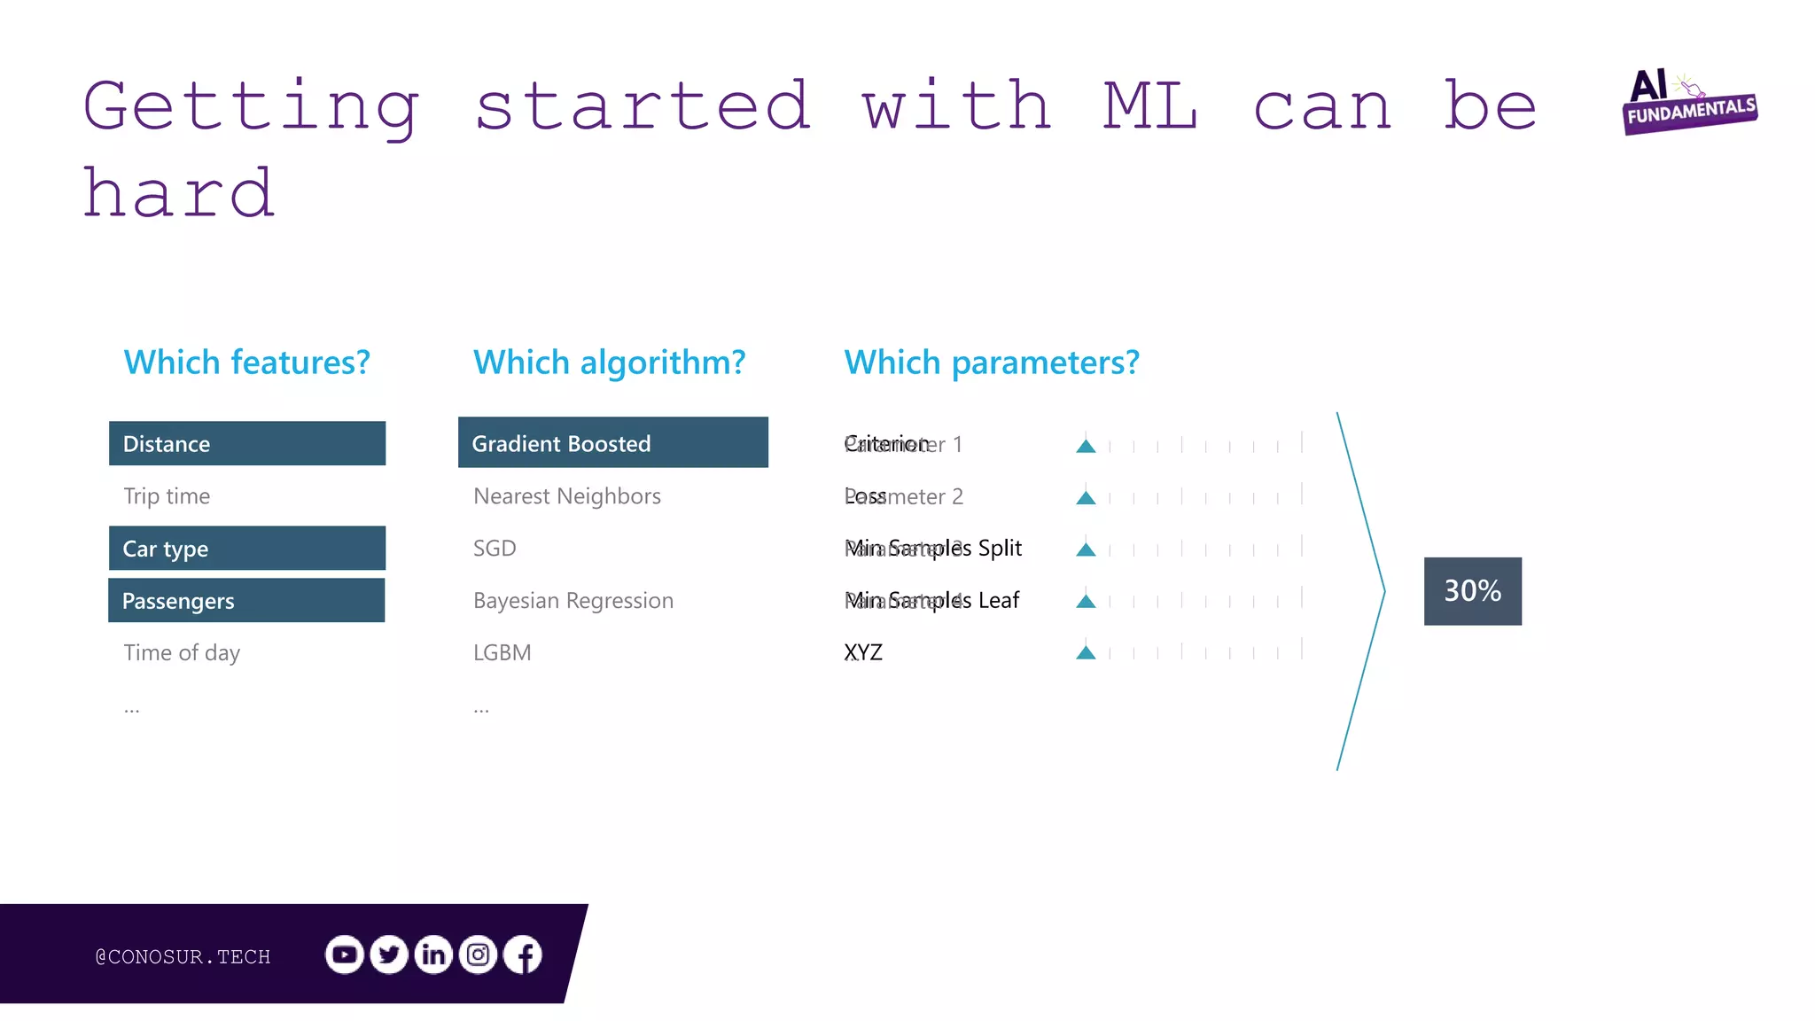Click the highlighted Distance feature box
click(246, 443)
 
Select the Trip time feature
click(167, 496)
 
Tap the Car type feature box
click(246, 549)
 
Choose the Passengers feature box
click(246, 601)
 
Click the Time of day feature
click(182, 653)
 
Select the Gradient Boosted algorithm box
click(612, 442)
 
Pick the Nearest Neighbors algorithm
click(567, 496)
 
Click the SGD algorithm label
click(495, 549)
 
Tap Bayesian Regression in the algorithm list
click(573, 601)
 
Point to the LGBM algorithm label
click(502, 653)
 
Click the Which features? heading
click(246, 362)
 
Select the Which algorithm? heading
click(610, 362)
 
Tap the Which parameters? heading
click(992, 362)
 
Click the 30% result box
click(1472, 591)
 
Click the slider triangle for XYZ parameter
click(1086, 653)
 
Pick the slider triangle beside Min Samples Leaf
click(1086, 602)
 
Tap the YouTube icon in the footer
click(345, 955)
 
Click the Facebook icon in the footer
click(523, 955)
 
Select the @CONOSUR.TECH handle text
click(183, 957)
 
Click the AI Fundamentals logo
click(1688, 103)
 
